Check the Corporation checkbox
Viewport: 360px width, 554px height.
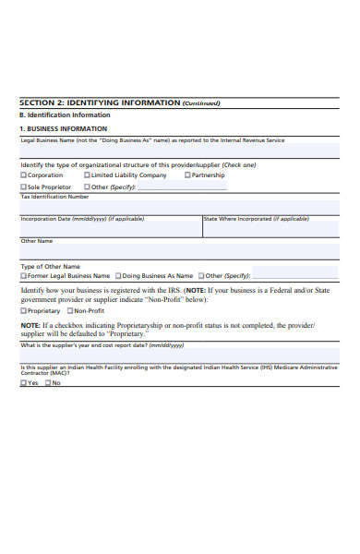(x=24, y=175)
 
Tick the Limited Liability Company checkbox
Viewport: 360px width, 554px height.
(x=88, y=175)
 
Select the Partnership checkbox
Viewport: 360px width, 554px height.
(x=187, y=175)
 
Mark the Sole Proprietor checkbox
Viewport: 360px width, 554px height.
(x=24, y=187)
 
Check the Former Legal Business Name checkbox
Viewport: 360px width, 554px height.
(x=24, y=275)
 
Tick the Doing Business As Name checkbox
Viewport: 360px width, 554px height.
(x=118, y=275)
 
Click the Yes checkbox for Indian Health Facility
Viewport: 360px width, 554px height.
(x=24, y=382)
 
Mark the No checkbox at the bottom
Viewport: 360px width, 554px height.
(x=48, y=382)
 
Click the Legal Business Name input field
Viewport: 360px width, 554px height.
(x=180, y=151)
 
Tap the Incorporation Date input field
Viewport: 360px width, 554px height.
(x=111, y=230)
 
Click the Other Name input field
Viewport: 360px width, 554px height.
(x=180, y=252)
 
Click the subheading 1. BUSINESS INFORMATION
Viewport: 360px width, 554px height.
(x=64, y=128)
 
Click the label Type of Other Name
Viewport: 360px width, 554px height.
(x=51, y=266)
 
